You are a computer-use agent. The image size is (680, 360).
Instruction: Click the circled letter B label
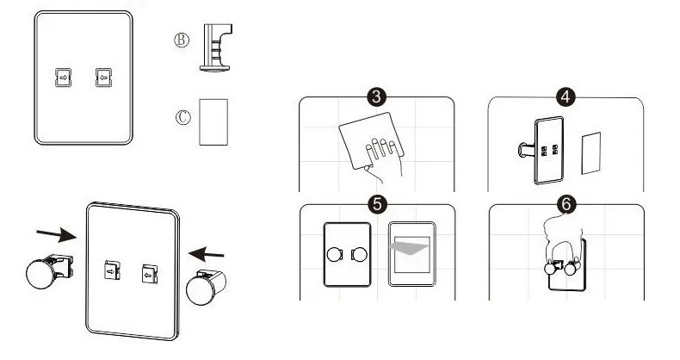(x=182, y=40)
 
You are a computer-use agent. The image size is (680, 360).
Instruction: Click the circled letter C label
(x=182, y=117)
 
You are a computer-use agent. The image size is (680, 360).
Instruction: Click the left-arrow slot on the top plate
(x=103, y=77)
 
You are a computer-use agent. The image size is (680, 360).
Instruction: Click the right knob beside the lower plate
(x=204, y=288)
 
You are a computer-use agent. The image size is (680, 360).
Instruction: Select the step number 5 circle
(x=375, y=204)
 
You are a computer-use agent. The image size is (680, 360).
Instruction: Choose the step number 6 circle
(x=566, y=204)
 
